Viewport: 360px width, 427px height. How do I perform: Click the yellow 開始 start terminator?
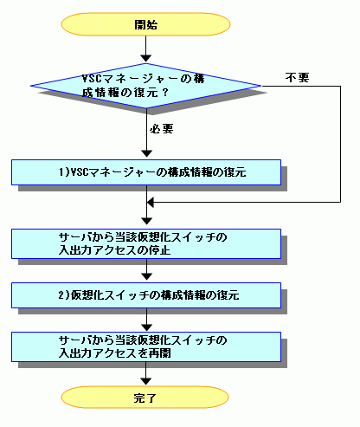[x=145, y=24]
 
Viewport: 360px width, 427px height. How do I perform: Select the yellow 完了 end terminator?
[x=145, y=398]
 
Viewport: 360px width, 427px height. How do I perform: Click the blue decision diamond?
[x=146, y=86]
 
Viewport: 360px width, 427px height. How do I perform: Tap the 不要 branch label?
[x=298, y=78]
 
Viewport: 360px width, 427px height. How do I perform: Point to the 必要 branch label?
[x=162, y=128]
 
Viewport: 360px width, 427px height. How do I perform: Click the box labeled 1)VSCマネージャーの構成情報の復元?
[x=146, y=172]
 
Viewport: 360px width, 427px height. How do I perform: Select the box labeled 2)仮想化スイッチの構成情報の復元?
[x=146, y=295]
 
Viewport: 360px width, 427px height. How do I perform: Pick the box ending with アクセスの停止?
[x=146, y=244]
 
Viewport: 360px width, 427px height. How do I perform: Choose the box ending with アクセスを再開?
[x=146, y=346]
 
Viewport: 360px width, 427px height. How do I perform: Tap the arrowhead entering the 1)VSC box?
[x=146, y=154]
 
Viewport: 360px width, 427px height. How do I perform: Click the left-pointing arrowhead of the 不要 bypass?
[x=150, y=202]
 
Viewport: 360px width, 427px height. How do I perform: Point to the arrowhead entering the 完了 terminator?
[x=146, y=381]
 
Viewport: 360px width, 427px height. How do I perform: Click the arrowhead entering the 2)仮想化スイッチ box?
[x=146, y=276]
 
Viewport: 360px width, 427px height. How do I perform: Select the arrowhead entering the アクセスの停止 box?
[x=146, y=221]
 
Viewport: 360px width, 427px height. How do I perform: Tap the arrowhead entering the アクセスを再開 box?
[x=146, y=327]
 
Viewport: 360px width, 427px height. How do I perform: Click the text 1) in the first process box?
[x=64, y=172]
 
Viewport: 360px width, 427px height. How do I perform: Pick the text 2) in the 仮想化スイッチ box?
[x=64, y=295]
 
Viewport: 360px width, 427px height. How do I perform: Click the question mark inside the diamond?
[x=165, y=93]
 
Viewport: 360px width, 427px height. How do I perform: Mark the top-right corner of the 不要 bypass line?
[x=340, y=86]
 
